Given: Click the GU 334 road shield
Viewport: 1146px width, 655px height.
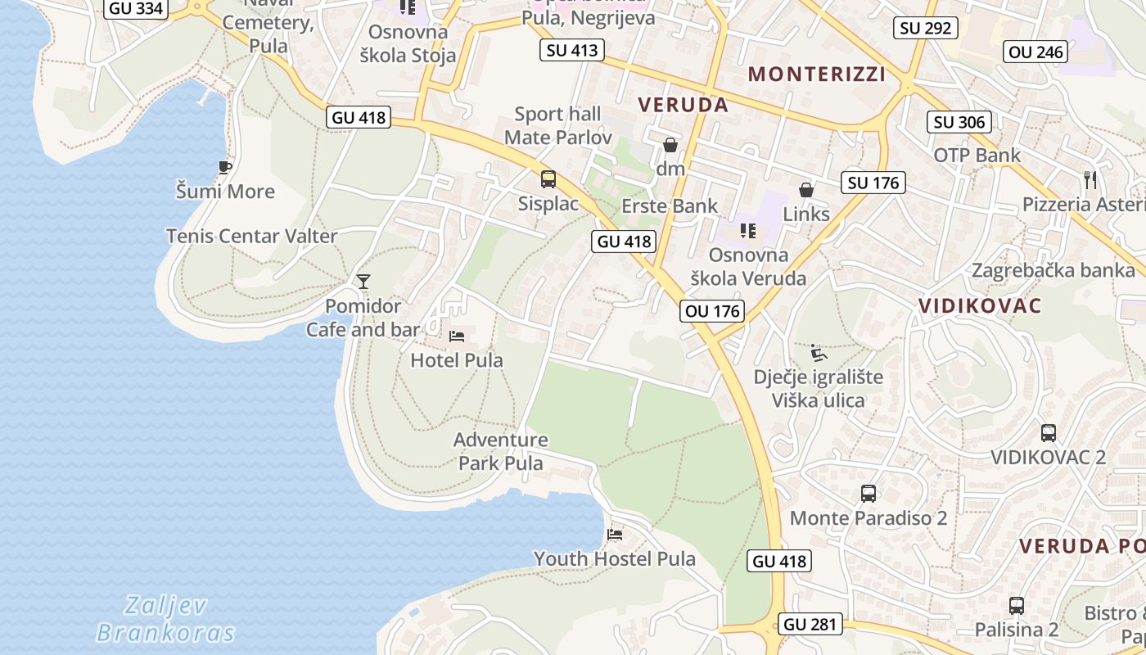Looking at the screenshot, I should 136,8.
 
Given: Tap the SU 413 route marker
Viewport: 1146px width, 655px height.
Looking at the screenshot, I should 572,50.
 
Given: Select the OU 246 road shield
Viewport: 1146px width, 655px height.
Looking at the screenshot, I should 1035,52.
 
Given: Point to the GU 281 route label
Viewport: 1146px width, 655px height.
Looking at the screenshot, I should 810,624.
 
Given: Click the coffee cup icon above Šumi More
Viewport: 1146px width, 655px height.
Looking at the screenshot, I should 225,168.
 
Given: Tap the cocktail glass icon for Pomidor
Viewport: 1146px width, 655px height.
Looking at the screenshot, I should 363,282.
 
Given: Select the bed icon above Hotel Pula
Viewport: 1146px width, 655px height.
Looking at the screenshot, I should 457,336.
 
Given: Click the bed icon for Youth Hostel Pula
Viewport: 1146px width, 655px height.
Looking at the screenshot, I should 615,535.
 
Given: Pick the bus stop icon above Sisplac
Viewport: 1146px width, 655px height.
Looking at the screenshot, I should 548,178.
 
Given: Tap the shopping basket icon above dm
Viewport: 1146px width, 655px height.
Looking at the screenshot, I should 670,145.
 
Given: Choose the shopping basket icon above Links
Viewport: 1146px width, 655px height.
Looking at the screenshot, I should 806,190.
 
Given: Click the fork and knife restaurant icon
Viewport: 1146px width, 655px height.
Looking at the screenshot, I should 1090,180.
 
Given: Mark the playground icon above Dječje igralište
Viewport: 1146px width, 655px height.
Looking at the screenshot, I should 818,353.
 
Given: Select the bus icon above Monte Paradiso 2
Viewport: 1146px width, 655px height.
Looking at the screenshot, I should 869,494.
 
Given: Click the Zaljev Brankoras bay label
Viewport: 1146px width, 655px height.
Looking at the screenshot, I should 165,619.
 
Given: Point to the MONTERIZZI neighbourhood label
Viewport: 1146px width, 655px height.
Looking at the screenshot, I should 817,74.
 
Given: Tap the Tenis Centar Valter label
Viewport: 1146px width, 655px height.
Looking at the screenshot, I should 251,236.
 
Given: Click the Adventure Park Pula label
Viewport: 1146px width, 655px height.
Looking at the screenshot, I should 501,451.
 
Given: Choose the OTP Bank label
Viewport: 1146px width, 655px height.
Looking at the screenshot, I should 977,155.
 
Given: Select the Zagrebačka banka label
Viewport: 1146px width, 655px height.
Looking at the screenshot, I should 1053,270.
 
